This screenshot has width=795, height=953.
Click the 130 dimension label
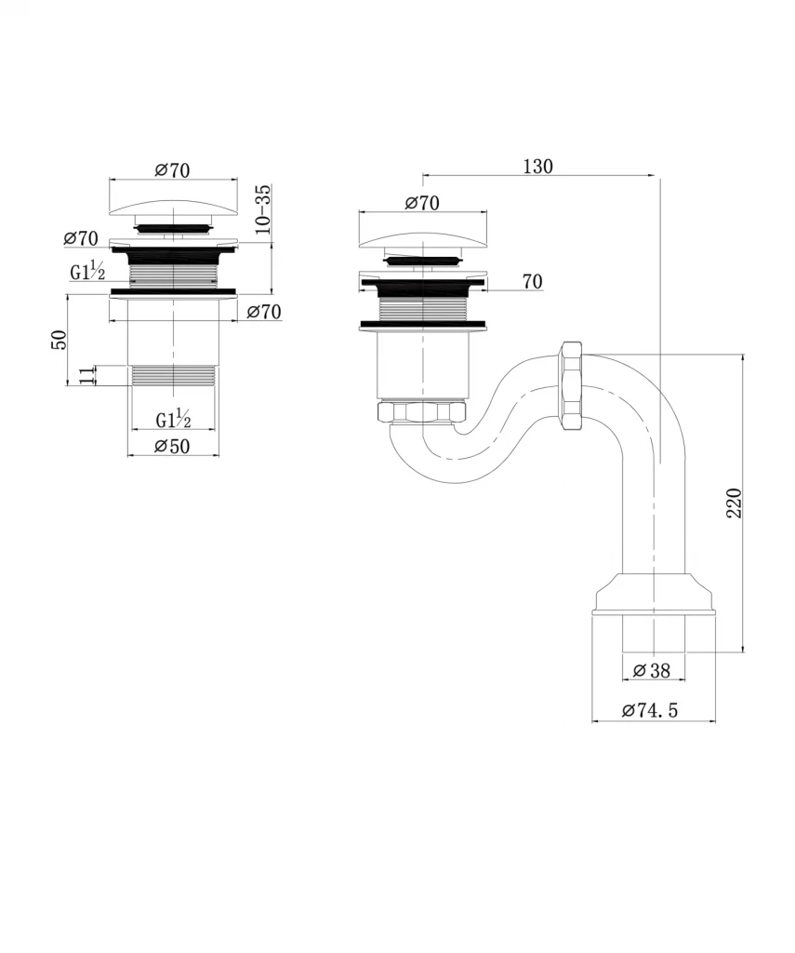click(x=537, y=167)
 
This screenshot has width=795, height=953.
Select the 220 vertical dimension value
click(x=735, y=503)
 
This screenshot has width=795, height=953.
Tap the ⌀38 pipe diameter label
click(x=652, y=670)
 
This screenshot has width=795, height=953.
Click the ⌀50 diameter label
click(x=173, y=446)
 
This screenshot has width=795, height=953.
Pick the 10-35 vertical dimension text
click(x=263, y=209)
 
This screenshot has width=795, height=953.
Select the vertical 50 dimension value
click(x=59, y=339)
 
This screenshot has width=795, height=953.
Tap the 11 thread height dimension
click(x=88, y=374)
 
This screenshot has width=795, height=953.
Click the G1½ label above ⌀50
click(x=174, y=419)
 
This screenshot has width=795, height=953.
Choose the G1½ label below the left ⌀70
click(x=87, y=271)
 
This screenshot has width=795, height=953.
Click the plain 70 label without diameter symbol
click(x=532, y=282)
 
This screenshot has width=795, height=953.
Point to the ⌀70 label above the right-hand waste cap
click(x=422, y=202)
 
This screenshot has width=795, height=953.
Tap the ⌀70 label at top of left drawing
click(x=173, y=170)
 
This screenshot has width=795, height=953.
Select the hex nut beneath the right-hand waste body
click(x=421, y=411)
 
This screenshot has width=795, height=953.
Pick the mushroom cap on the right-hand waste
click(x=423, y=240)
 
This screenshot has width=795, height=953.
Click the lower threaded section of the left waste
click(x=174, y=376)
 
